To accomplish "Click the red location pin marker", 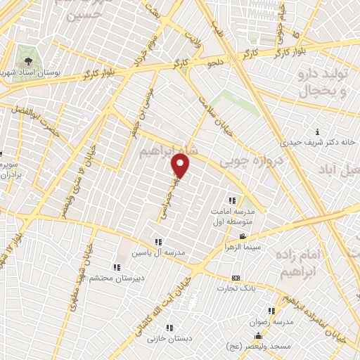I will [181, 166].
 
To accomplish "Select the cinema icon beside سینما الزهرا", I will [243, 236].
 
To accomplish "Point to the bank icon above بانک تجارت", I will [236, 278].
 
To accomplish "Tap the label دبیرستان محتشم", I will [117, 277].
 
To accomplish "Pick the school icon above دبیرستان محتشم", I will [117, 266].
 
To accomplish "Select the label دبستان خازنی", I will [169, 337].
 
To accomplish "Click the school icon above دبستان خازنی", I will [169, 327].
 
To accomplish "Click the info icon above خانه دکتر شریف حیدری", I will [318, 132].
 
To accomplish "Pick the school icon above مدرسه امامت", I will [232, 200].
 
